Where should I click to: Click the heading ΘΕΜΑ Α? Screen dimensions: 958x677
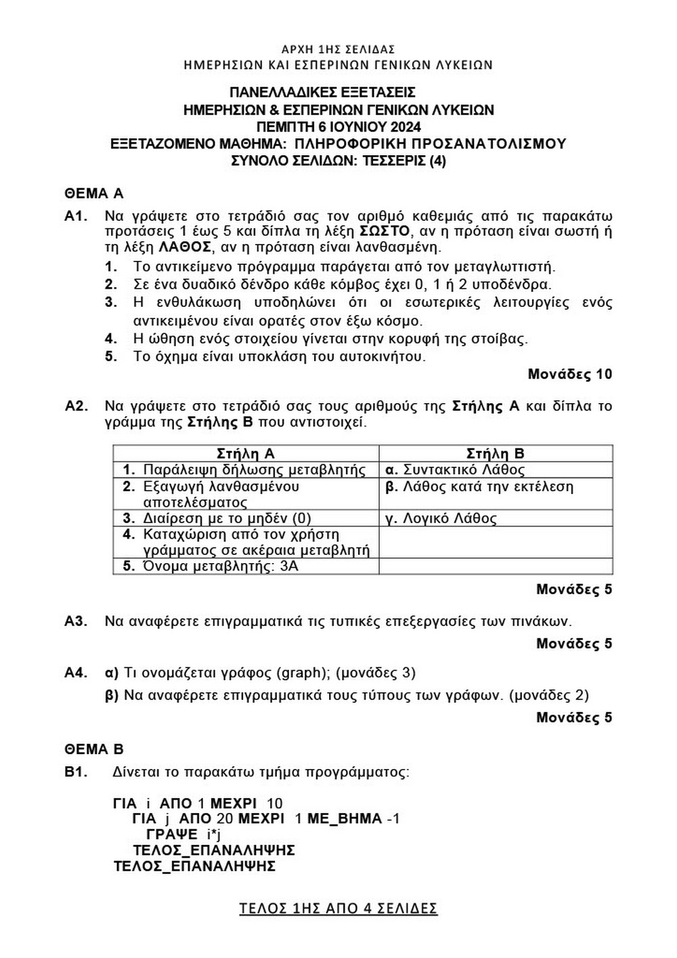click(94, 194)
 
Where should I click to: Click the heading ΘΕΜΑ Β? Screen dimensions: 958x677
click(94, 749)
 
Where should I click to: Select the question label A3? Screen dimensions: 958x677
click(77, 621)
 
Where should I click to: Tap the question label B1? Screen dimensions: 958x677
click(77, 772)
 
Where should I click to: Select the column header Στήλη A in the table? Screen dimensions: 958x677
click(245, 453)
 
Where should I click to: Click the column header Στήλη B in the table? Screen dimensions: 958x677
click(496, 453)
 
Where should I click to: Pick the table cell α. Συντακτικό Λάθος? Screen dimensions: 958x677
click(454, 470)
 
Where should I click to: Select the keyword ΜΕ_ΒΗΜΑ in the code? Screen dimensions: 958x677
click(345, 818)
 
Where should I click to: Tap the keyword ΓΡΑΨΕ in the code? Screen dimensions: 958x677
click(172, 834)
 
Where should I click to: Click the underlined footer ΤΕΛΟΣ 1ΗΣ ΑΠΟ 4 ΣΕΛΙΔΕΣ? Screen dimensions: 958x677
click(338, 908)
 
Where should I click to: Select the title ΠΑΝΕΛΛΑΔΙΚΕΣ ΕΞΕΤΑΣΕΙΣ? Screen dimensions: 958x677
click(322, 92)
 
